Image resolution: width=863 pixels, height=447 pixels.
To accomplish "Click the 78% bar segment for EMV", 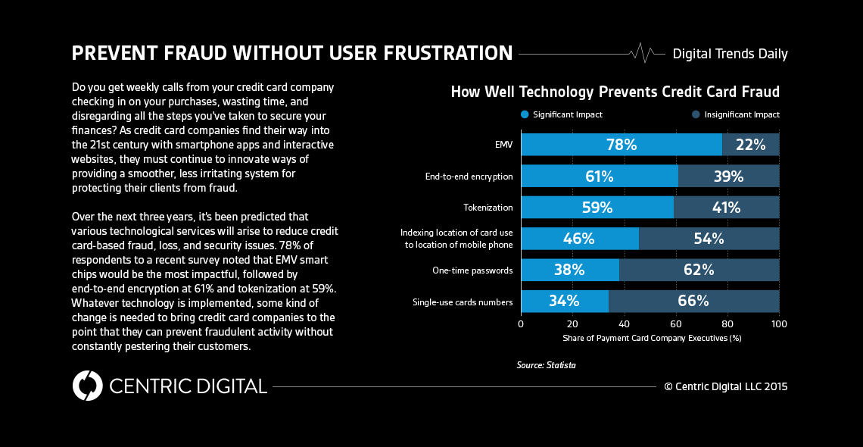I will (x=621, y=145).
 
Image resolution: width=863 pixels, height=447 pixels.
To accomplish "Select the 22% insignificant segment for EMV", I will (x=750, y=145).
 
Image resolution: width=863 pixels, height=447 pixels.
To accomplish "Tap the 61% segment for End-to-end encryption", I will (x=599, y=177).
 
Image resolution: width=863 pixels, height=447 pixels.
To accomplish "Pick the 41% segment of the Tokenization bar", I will (x=726, y=208).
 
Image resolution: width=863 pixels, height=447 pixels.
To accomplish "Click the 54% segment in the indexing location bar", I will (x=709, y=239).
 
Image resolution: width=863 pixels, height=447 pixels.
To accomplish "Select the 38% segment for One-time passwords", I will (x=569, y=270).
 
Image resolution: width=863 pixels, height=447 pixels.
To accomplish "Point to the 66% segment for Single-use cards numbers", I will (x=693, y=301).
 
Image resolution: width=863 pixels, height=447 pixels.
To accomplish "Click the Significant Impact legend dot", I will (x=525, y=114).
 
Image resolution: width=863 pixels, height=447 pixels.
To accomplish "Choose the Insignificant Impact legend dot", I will (x=695, y=114).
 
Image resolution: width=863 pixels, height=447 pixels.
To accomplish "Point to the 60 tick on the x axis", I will (x=676, y=324).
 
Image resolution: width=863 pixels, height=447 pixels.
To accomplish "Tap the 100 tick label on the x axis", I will (x=779, y=324).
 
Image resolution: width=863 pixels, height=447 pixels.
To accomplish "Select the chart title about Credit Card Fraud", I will (x=615, y=92).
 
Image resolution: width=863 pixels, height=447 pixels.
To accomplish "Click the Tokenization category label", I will (x=488, y=208).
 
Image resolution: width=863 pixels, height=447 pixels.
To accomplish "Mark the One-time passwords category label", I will (x=472, y=270).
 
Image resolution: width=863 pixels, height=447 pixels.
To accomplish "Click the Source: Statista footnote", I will (x=546, y=365).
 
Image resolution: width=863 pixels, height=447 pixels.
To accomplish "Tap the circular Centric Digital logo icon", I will (x=88, y=386).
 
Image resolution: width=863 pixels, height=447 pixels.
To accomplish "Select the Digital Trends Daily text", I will (x=730, y=54).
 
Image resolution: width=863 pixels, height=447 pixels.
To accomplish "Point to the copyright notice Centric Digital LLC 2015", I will (x=725, y=386).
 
